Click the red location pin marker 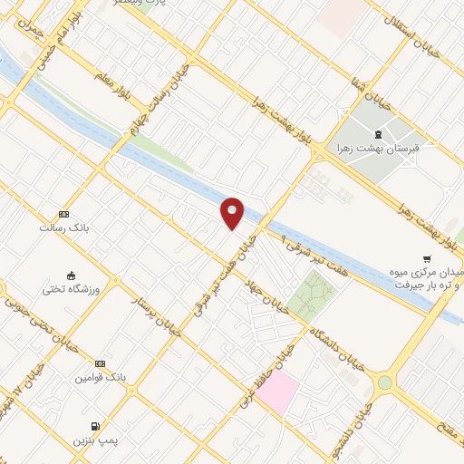233,212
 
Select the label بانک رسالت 62,228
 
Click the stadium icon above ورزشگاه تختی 71,275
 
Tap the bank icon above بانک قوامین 100,363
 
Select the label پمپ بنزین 96,440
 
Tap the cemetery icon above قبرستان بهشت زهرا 378,135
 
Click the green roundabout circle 385,382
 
